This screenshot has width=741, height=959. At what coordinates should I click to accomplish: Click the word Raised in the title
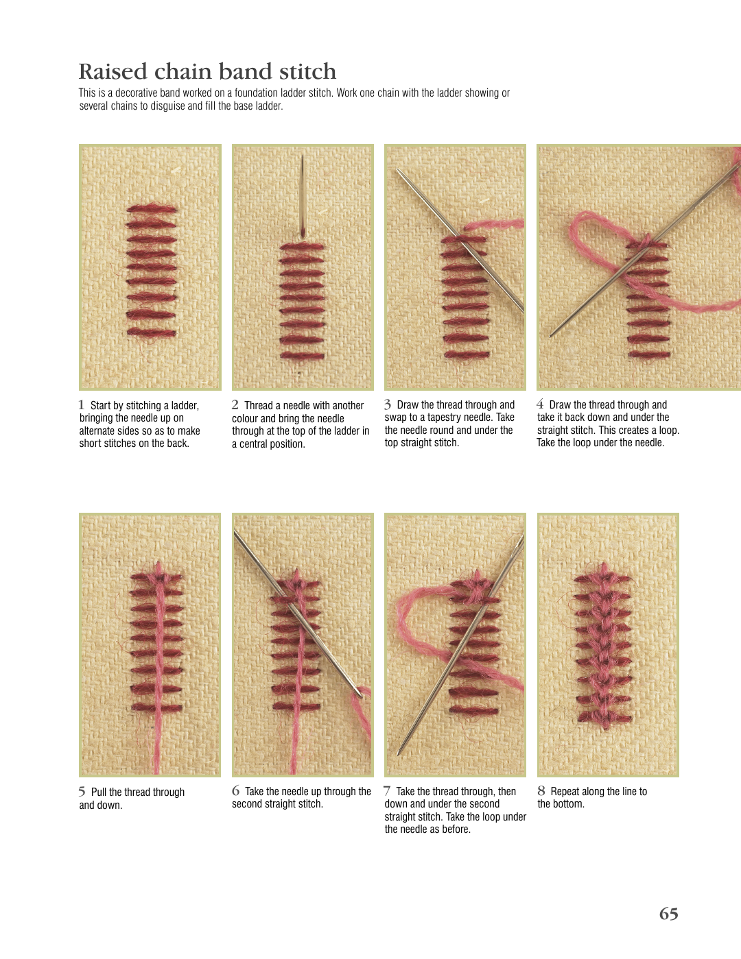pyautogui.click(x=113, y=71)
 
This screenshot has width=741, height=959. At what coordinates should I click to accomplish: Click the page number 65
pyautogui.click(x=668, y=914)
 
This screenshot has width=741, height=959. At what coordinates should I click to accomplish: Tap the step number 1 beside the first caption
pyautogui.click(x=81, y=404)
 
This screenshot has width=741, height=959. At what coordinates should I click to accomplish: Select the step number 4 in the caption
pyautogui.click(x=540, y=404)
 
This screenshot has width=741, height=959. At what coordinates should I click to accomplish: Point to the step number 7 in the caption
pyautogui.click(x=387, y=791)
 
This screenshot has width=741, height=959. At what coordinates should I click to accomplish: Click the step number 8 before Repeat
pyautogui.click(x=541, y=791)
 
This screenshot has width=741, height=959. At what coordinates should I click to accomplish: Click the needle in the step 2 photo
pyautogui.click(x=303, y=196)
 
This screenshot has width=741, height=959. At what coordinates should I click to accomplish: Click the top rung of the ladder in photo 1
pyautogui.click(x=152, y=209)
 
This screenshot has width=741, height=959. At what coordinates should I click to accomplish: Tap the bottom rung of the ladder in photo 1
pyautogui.click(x=151, y=332)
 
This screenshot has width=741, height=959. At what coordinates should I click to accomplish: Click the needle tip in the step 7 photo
pyautogui.click(x=399, y=754)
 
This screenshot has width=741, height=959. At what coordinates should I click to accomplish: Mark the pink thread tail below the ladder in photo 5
pyautogui.click(x=156, y=742)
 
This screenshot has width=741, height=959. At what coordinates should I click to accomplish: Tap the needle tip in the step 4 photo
pyautogui.click(x=550, y=337)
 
